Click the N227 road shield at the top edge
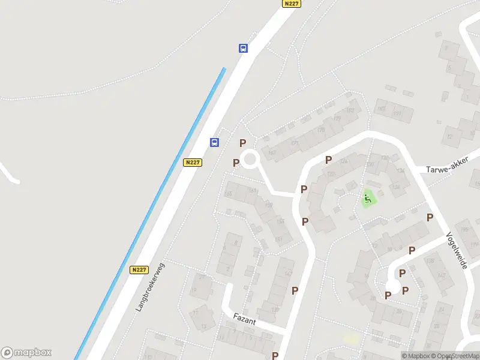291,4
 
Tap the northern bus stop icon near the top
243,49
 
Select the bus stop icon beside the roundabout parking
214,142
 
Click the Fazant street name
245,322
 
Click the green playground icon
368,196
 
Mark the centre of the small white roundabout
250,160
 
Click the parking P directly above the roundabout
242,143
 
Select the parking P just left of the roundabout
236,163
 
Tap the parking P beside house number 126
328,160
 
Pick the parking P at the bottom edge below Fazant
275,355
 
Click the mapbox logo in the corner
26,353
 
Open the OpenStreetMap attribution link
455,356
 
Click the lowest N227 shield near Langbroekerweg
139,270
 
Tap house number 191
397,113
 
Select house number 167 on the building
272,153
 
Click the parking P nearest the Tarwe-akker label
430,217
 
